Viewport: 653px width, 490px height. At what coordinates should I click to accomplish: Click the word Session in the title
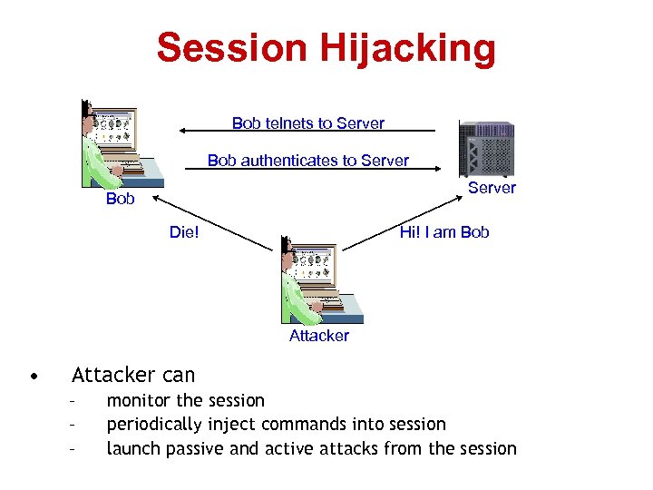(231, 48)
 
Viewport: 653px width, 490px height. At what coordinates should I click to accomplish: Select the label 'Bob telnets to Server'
(307, 122)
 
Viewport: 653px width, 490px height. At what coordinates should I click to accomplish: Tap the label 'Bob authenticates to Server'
(307, 161)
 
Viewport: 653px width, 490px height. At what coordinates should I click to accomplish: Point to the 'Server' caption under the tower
(492, 188)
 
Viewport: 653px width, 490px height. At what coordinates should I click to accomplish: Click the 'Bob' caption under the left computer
(120, 199)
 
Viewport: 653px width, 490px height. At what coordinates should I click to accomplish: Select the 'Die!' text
(184, 231)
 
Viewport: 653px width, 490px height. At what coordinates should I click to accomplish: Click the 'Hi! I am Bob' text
(444, 231)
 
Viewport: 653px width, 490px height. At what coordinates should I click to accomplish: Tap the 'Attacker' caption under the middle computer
(318, 336)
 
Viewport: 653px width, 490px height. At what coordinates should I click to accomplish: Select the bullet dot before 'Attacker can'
(33, 375)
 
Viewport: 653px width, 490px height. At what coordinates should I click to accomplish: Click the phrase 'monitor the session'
(186, 400)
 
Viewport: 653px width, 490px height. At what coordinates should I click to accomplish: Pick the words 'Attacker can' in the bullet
(133, 374)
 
